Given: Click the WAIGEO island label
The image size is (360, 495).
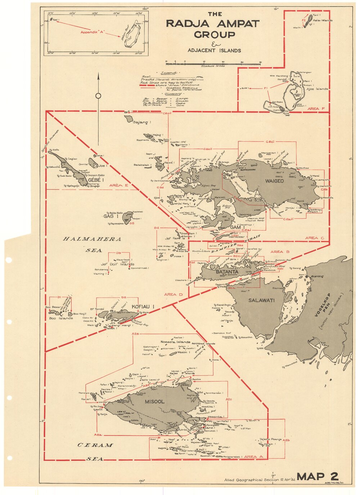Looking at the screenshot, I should coord(274,181).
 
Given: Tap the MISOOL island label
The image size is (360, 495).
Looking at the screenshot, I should coord(154,401).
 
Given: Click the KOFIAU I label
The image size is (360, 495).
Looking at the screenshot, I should coord(143,307).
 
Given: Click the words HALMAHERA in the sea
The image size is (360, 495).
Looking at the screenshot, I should coord(92,239).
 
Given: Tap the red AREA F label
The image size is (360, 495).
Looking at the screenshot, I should coord(316,108).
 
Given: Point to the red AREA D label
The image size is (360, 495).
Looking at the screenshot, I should coord(174,294).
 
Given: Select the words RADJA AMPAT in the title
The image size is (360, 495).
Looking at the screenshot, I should coord(213,24).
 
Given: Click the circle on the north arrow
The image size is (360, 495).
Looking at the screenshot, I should coord(98,96).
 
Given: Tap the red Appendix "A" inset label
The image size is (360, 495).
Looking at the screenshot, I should coord(92,32).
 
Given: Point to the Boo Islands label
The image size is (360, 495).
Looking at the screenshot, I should coord(61,318).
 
